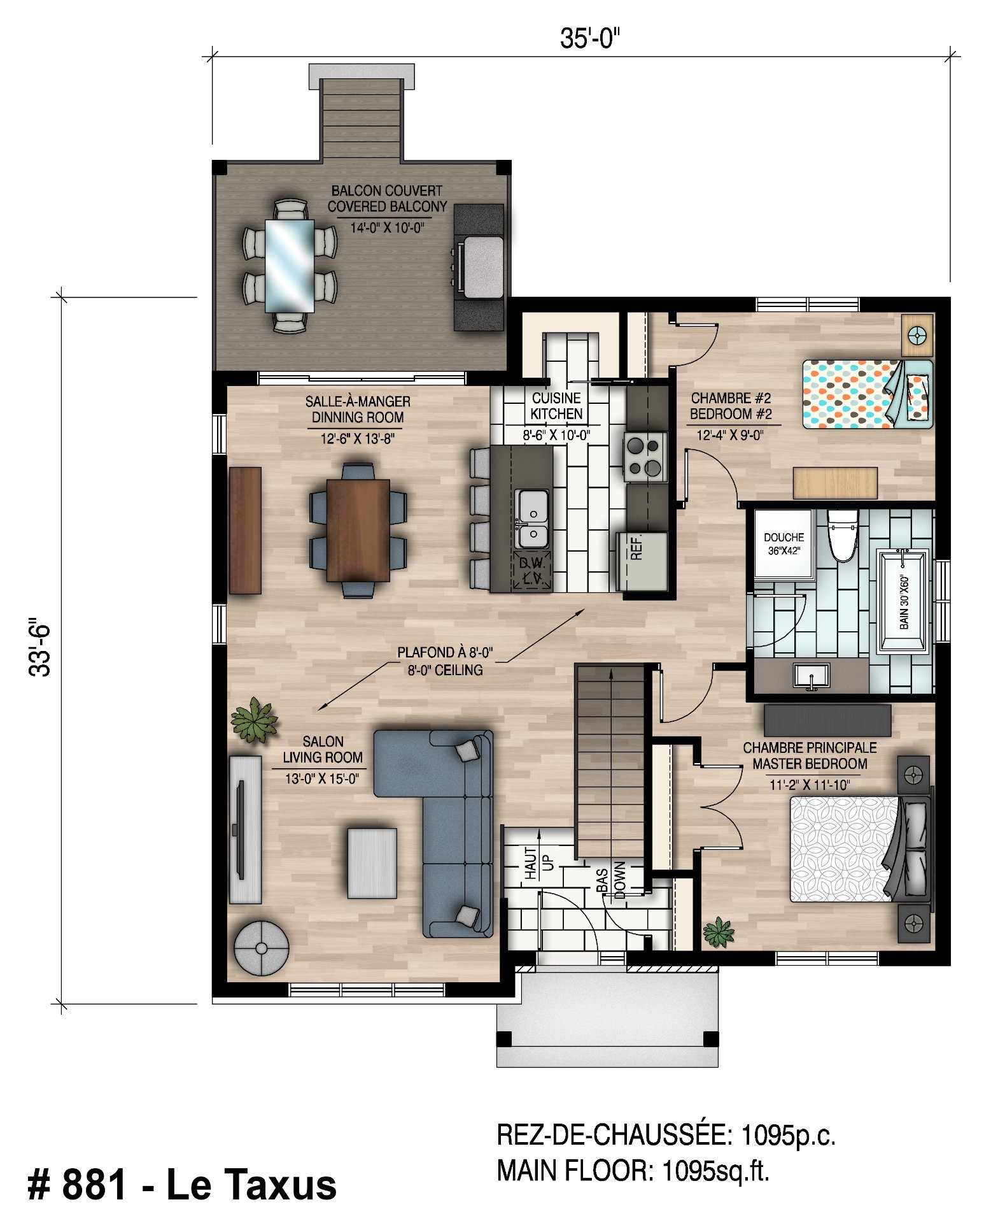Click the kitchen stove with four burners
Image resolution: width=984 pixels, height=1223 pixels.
[645, 457]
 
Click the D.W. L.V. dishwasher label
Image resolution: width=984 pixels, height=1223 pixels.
[531, 571]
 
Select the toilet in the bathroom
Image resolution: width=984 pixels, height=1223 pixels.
[843, 535]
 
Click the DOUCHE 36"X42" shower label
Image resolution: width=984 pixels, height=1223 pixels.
[784, 543]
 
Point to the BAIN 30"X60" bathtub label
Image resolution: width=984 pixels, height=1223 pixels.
[904, 602]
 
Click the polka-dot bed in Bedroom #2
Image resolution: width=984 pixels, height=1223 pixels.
[867, 394]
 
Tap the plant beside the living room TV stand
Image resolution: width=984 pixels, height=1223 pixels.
[254, 719]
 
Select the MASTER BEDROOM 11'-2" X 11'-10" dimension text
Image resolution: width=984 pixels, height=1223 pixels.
[809, 785]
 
